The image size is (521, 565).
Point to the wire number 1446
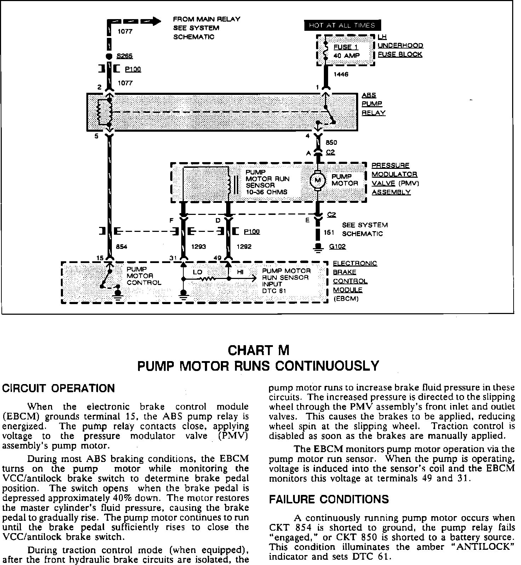point(341,75)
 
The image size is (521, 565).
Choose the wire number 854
point(121,247)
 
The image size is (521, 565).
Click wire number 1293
point(198,247)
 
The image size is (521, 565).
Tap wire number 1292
point(244,247)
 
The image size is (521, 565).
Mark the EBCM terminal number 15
point(100,258)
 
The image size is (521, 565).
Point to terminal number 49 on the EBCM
point(217,258)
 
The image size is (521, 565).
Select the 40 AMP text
point(347,56)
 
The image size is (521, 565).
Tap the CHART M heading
point(258,350)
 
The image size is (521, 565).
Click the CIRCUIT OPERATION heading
point(59,388)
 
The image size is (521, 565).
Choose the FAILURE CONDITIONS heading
point(329,499)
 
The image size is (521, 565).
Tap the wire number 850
point(331,143)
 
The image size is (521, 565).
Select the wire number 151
point(329,233)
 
